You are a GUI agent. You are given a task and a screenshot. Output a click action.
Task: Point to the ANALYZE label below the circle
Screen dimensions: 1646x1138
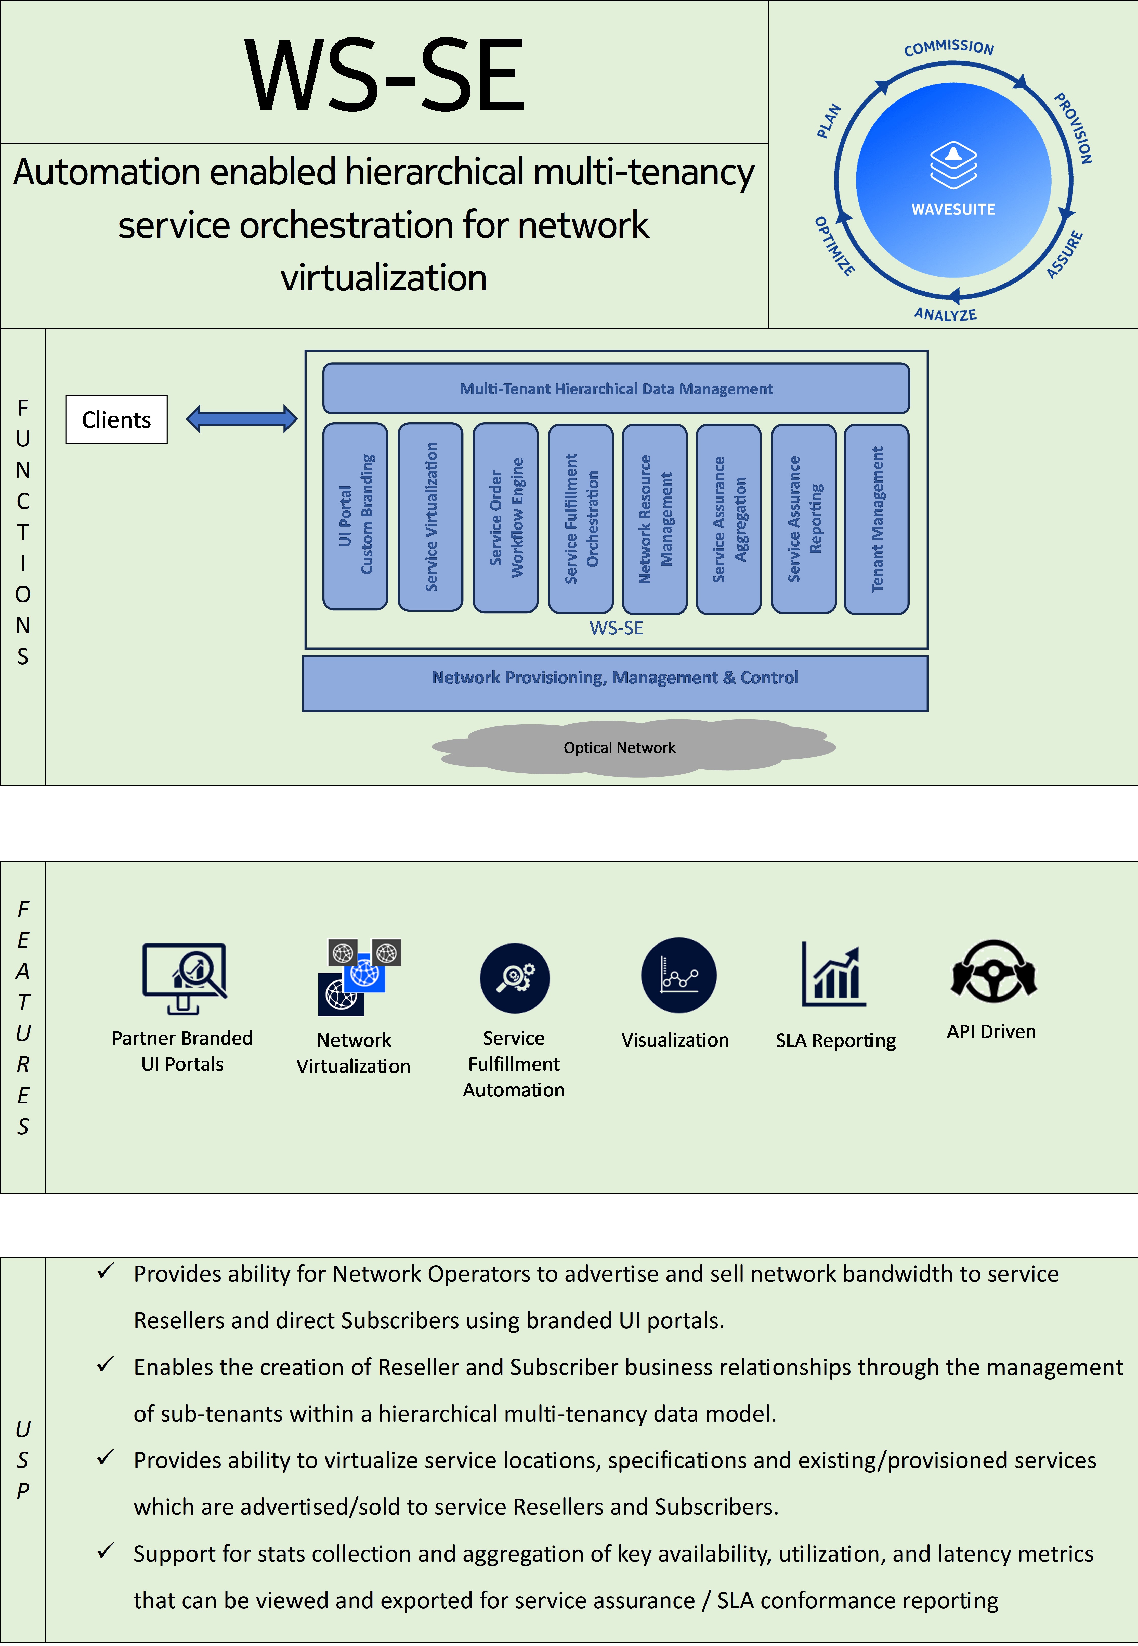(946, 314)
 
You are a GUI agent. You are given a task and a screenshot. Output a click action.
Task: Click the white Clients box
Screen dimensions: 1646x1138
(116, 419)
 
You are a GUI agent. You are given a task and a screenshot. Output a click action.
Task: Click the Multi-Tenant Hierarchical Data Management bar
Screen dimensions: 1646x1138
(616, 389)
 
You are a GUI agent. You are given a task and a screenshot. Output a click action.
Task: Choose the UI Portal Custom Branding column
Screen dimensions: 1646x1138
(355, 516)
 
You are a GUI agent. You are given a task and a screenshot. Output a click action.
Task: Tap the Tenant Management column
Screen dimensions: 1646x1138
(876, 518)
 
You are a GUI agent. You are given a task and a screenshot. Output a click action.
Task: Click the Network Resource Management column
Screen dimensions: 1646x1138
(655, 518)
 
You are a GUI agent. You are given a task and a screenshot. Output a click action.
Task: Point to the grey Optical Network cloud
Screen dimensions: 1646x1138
(619, 747)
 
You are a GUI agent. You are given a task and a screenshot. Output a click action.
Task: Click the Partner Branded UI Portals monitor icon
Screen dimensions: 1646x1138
(184, 977)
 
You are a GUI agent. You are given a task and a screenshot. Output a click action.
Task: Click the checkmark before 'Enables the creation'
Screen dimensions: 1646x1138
(106, 1365)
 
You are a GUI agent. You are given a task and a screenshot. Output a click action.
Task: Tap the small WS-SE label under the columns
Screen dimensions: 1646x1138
(616, 628)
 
